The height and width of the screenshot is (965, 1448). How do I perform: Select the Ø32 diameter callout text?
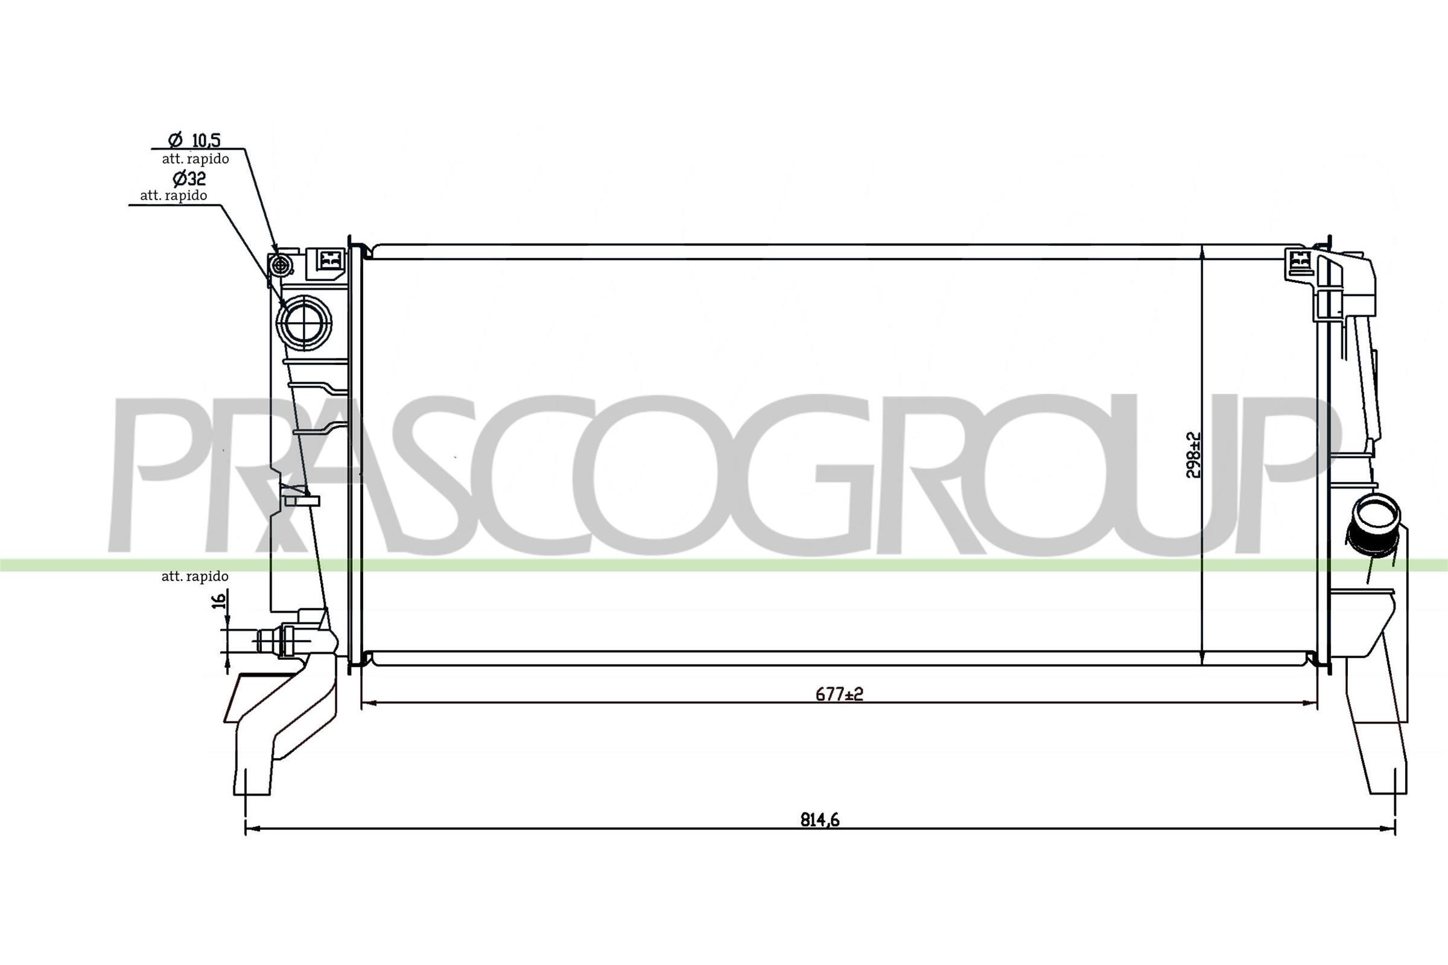(188, 179)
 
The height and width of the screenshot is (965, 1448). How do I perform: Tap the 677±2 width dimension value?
(839, 694)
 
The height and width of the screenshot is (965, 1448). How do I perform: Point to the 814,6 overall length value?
(819, 820)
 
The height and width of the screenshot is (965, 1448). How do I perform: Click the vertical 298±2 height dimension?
(1193, 455)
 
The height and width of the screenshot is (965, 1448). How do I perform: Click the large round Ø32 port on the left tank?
(303, 322)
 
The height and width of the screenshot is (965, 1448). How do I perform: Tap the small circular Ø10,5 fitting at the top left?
(281, 266)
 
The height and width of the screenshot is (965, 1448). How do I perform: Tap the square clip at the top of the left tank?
(330, 259)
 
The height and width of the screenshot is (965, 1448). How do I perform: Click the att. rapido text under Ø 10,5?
(195, 159)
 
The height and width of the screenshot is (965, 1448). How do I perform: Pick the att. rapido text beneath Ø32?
(173, 195)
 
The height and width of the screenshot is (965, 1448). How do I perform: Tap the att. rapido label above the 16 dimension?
(194, 576)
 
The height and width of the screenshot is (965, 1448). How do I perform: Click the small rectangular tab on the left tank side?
(303, 501)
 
